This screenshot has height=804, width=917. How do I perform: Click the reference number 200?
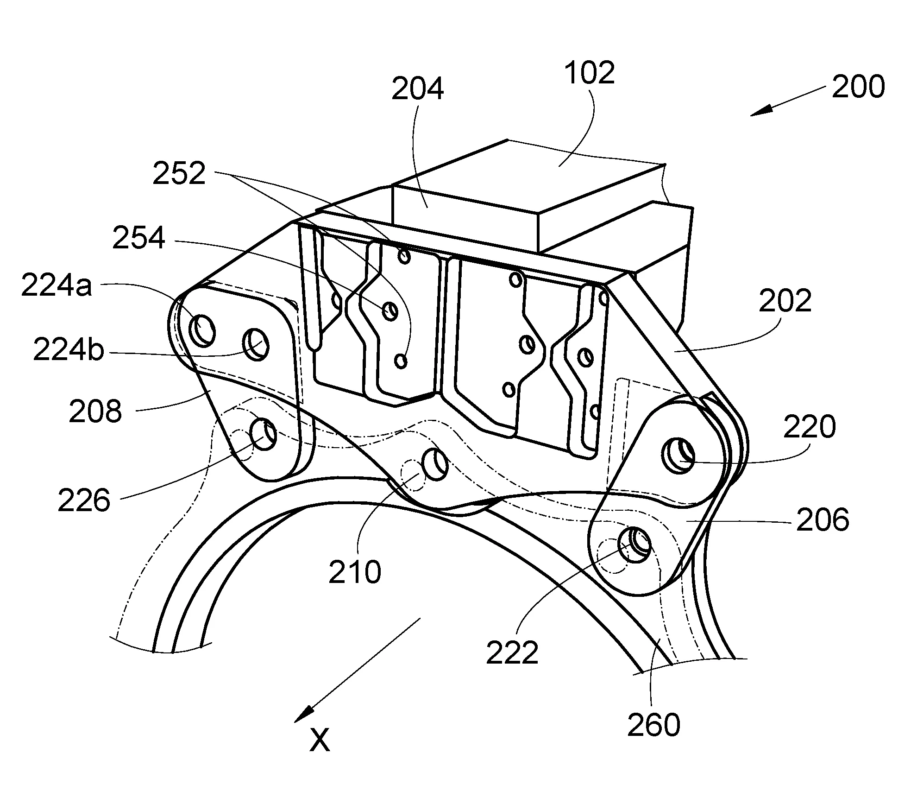point(858,87)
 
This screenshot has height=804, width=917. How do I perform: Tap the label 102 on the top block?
point(589,72)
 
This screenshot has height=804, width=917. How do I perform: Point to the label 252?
point(179,174)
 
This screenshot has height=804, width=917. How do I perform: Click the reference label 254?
point(139,238)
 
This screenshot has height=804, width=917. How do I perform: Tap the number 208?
point(95,411)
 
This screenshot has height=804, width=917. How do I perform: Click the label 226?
point(84,500)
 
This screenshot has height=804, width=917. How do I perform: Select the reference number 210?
point(355,571)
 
